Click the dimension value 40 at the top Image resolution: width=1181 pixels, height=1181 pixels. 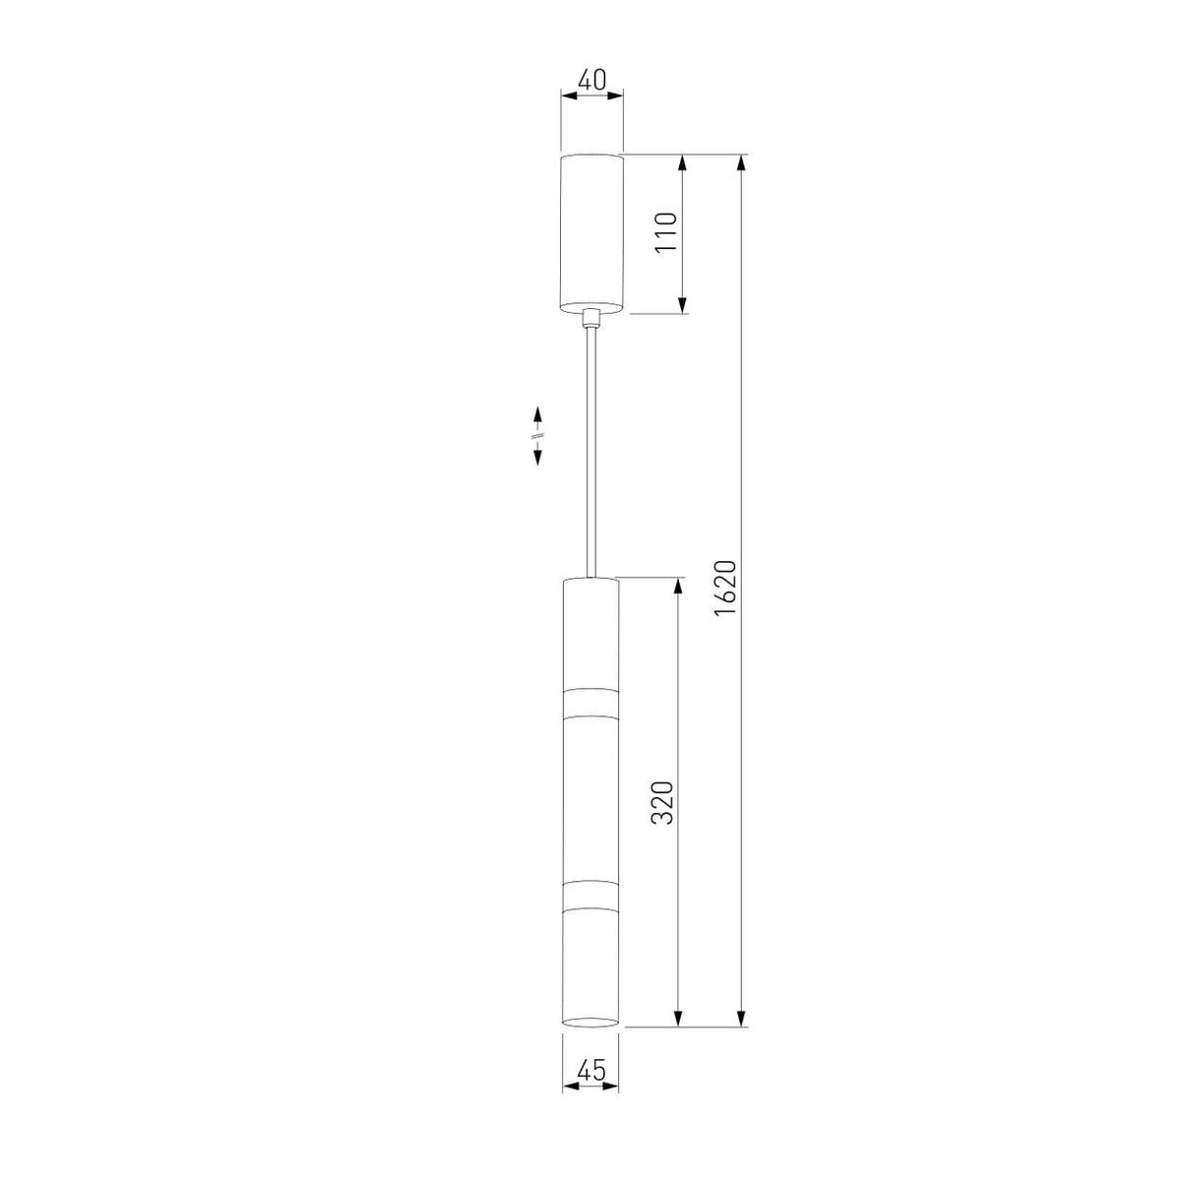[592, 80]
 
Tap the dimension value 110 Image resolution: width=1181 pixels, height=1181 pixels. [665, 231]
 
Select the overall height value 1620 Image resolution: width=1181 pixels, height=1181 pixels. [724, 589]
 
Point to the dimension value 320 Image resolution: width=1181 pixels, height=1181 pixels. [662, 802]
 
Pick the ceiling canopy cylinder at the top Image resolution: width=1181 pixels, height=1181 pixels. [592, 234]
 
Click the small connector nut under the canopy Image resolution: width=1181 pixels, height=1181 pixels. [591, 319]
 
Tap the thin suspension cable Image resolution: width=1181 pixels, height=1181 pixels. [591, 453]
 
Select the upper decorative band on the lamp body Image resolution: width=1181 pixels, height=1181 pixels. [590, 703]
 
